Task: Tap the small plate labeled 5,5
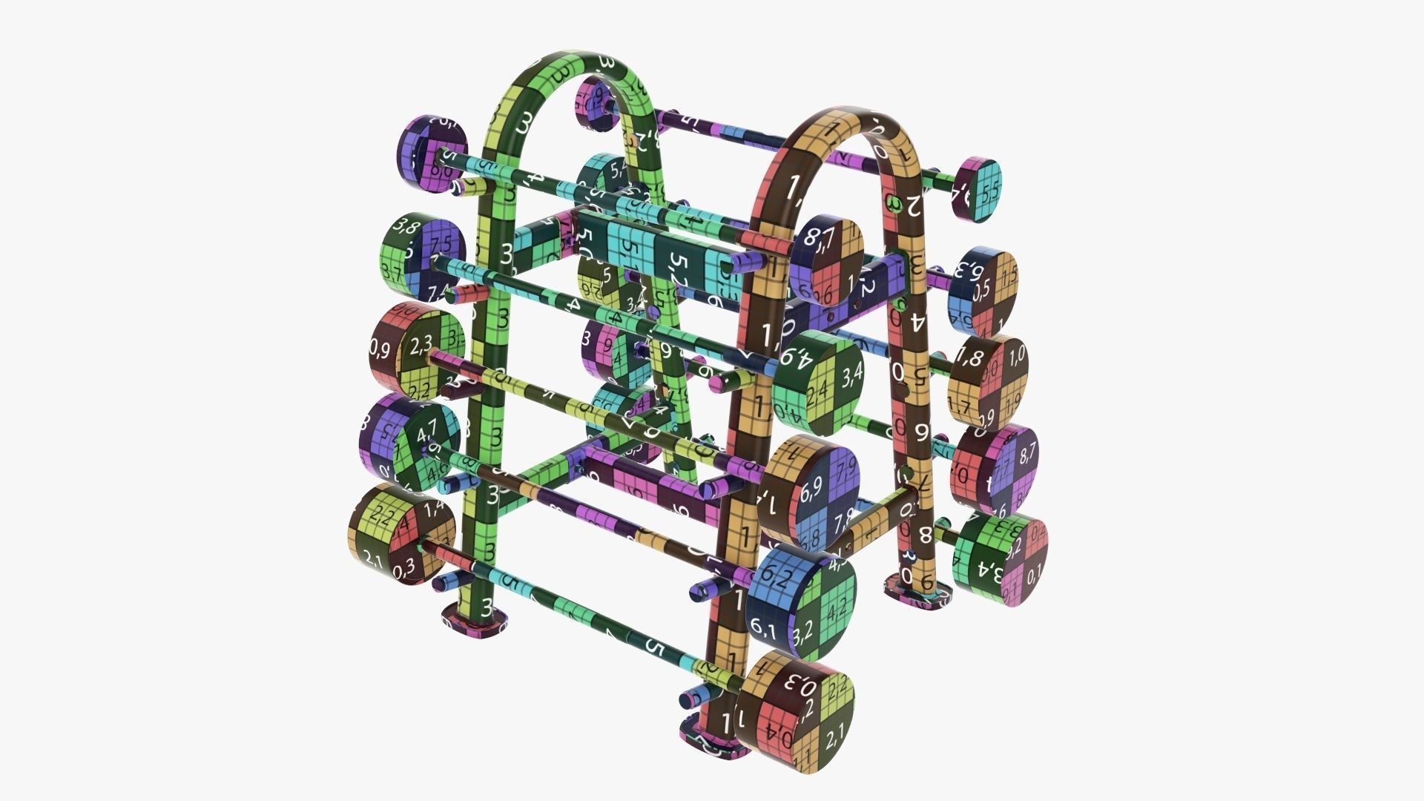pyautogui.click(x=980, y=189)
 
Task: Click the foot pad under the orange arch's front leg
pyautogui.click(x=716, y=742)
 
